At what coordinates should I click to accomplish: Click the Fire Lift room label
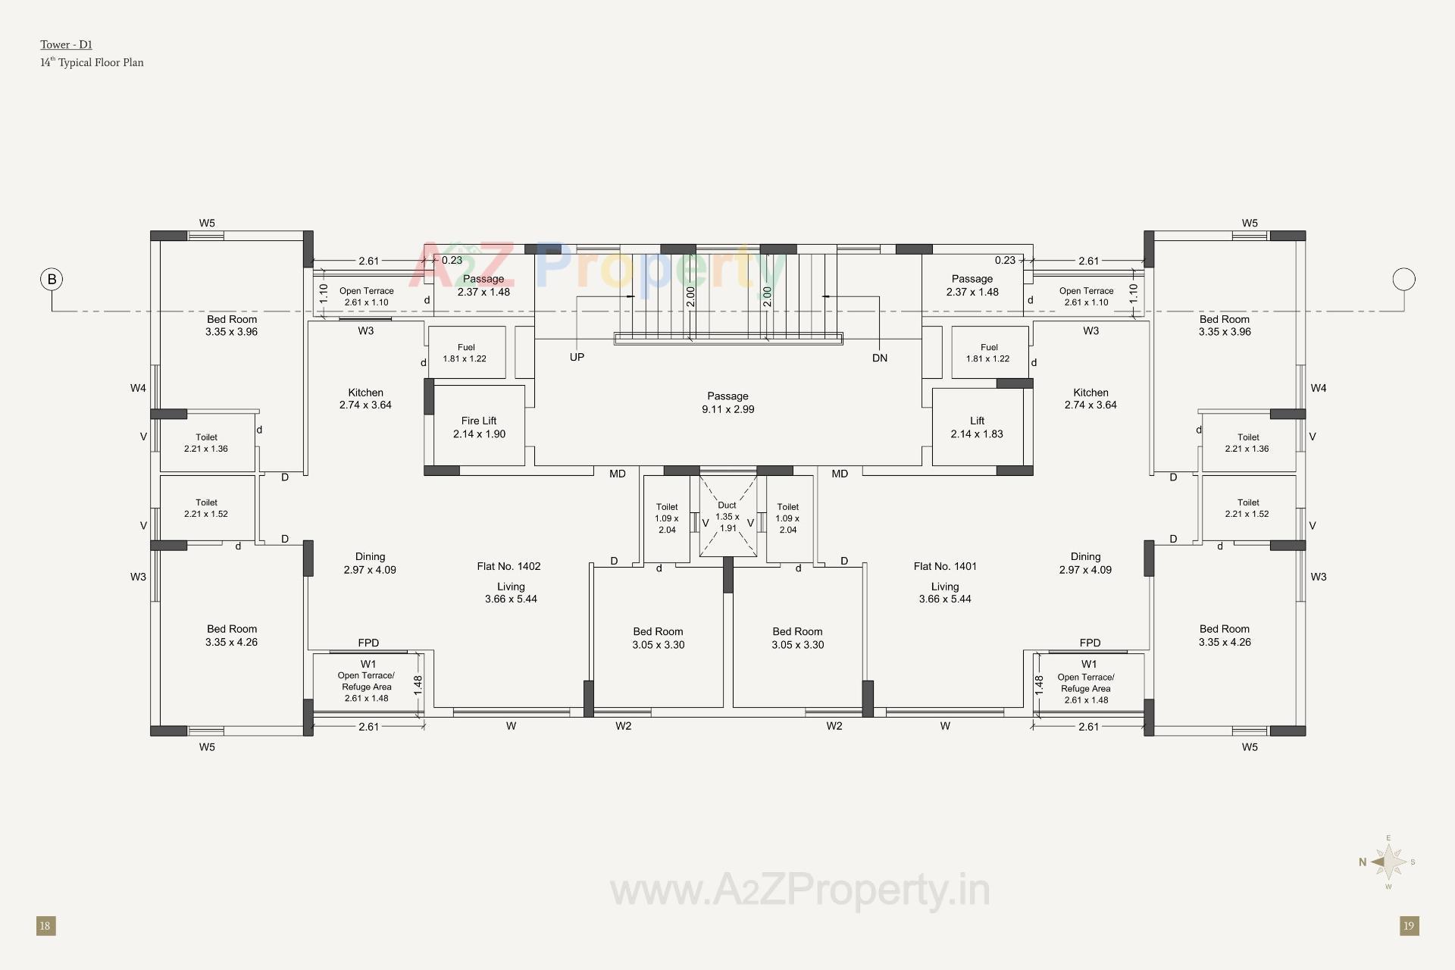[x=479, y=427]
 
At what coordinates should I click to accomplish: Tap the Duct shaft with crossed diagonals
[x=727, y=516]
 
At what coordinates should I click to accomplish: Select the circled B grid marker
[x=52, y=280]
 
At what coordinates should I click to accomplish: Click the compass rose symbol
[x=1388, y=862]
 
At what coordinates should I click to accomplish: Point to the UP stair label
[x=577, y=357]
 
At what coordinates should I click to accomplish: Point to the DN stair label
[x=879, y=358]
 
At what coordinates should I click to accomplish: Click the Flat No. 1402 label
[x=508, y=566]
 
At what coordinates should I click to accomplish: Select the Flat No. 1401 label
[x=945, y=566]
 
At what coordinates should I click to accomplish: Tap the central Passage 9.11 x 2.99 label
[x=727, y=402]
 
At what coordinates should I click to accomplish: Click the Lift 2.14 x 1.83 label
[x=977, y=427]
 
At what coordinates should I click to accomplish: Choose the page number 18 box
[x=45, y=925]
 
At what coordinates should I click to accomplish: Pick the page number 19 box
[x=1409, y=925]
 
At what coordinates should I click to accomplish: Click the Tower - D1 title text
[x=67, y=45]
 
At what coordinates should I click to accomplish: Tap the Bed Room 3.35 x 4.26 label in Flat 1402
[x=232, y=635]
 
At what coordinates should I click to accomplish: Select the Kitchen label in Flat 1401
[x=1090, y=399]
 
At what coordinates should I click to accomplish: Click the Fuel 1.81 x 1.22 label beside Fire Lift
[x=465, y=353]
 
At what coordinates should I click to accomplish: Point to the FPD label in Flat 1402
[x=368, y=643]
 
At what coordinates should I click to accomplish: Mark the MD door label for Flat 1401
[x=840, y=474]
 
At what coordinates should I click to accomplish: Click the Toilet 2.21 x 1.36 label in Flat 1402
[x=206, y=443]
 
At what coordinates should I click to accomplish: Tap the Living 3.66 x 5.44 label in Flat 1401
[x=945, y=593]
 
